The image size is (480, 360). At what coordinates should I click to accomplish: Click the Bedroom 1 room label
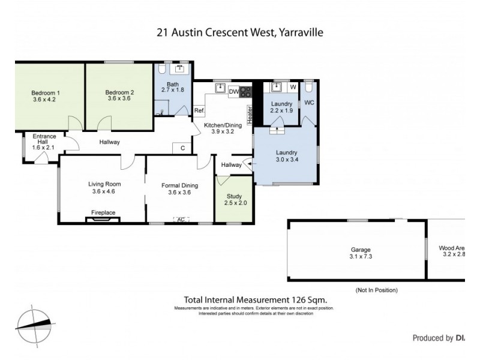[x=45, y=92]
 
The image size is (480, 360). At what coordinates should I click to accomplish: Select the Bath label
[x=173, y=84]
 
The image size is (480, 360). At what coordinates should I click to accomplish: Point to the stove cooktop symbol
[x=245, y=92]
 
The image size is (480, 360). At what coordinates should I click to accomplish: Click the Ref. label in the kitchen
[x=200, y=111]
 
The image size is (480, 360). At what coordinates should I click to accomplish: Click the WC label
[x=309, y=103]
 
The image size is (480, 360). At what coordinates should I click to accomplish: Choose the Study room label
[x=232, y=196]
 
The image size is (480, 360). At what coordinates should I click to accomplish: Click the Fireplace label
[x=103, y=212]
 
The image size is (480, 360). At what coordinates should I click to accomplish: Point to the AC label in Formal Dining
[x=179, y=220]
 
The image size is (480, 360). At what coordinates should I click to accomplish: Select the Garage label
[x=361, y=250]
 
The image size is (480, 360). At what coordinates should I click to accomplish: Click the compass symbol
[x=34, y=325]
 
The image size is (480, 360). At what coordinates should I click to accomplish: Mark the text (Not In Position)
[x=377, y=290]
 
